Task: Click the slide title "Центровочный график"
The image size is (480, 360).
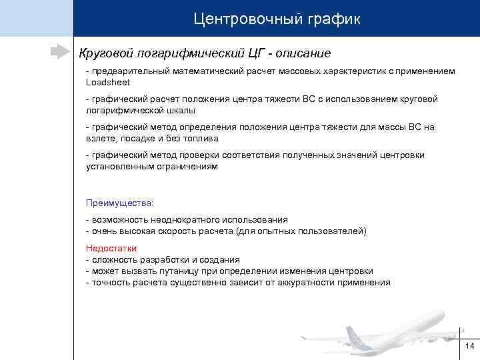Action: point(277,19)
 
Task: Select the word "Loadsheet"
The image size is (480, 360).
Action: point(108,82)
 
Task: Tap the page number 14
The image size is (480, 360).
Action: point(469,345)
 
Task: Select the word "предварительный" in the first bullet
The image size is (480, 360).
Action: point(132,71)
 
